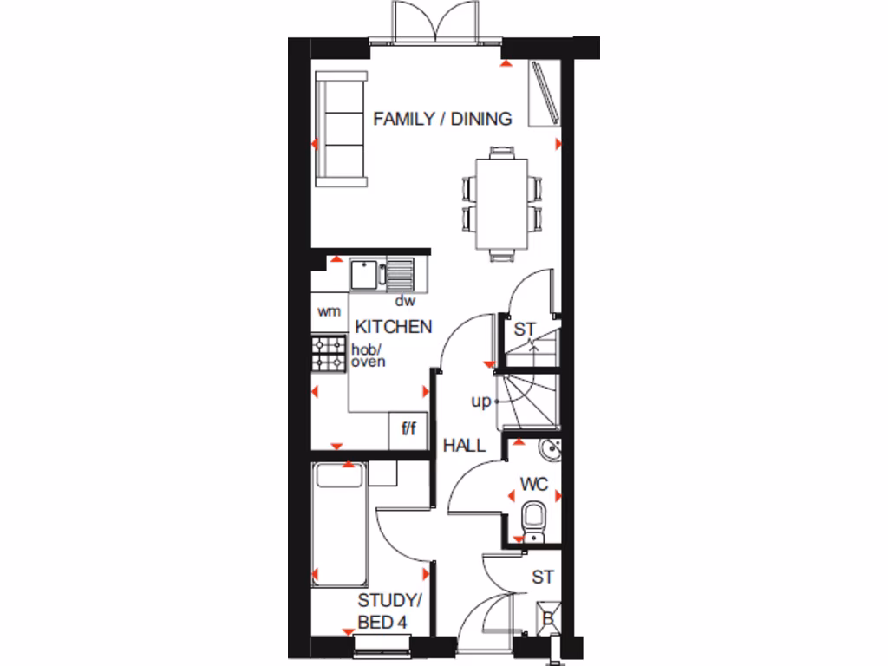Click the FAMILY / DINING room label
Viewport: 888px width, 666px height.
[442, 119]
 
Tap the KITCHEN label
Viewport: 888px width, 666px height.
[395, 327]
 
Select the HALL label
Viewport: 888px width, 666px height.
[464, 446]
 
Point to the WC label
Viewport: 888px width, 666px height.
[534, 484]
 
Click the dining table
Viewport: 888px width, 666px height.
[499, 203]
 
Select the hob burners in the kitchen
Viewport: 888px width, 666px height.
[330, 353]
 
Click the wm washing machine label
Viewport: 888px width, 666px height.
[329, 311]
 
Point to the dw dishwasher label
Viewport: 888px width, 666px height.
[405, 302]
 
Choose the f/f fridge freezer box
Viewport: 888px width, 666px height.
[408, 428]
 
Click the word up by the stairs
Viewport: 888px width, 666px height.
[480, 402]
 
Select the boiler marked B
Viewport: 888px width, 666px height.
[548, 618]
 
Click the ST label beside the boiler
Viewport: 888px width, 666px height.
[543, 577]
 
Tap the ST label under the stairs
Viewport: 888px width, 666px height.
[526, 330]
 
